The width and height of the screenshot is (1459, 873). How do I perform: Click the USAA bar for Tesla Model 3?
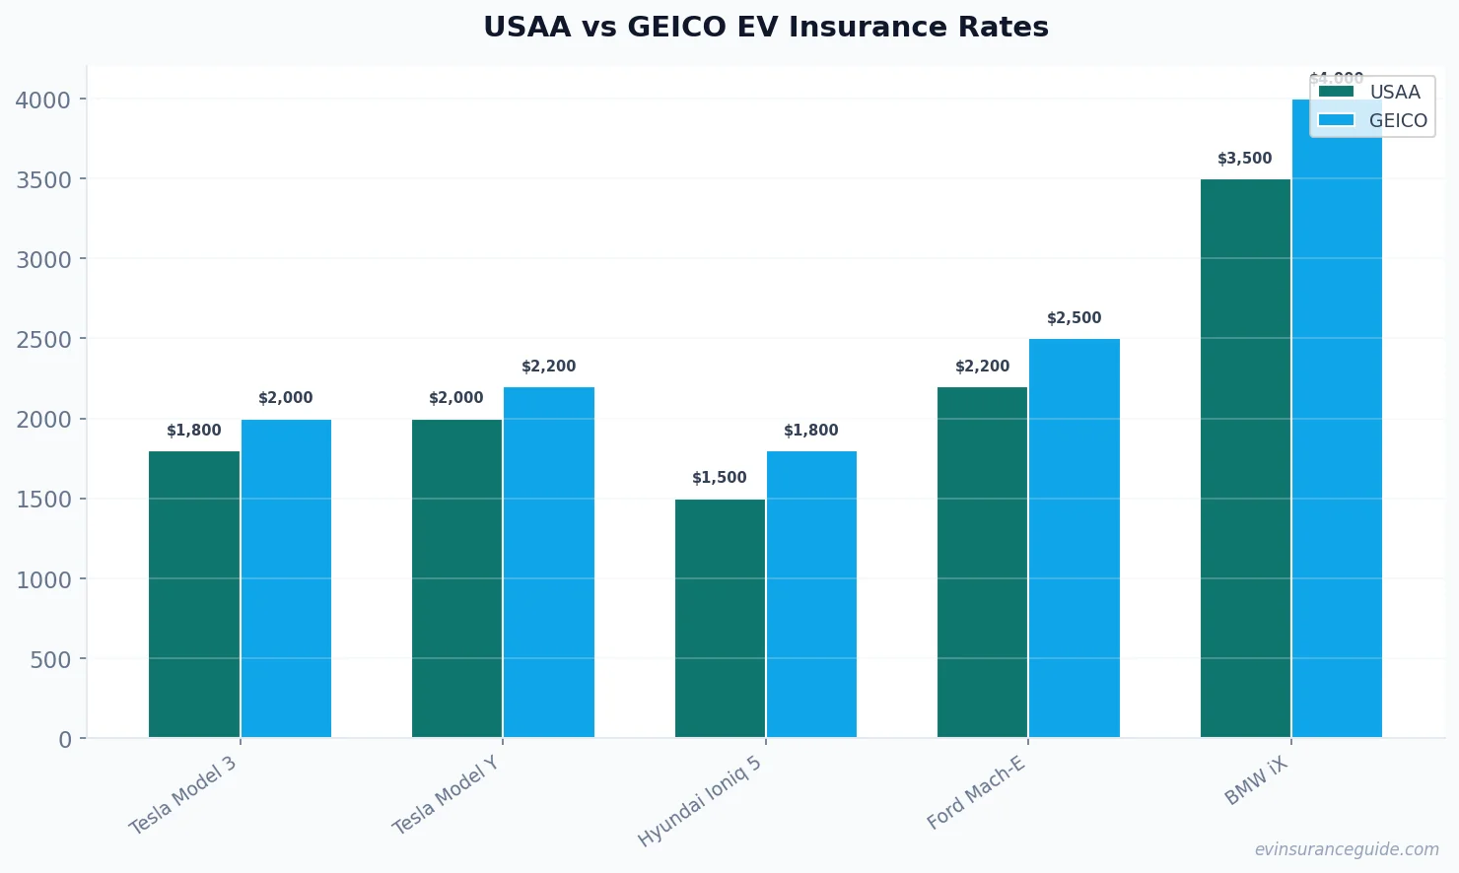(194, 594)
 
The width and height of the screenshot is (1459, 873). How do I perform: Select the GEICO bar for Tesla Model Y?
(549, 562)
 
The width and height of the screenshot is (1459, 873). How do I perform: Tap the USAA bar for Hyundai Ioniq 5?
(720, 618)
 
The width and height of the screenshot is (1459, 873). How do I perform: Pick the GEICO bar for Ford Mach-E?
(1075, 538)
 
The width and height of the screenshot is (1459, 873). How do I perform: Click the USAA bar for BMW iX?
(1245, 458)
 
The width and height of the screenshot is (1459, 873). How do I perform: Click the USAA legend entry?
(1370, 93)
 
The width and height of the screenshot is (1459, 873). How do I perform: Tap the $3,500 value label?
(1244, 159)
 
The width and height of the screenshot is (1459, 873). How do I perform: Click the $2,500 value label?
(1074, 318)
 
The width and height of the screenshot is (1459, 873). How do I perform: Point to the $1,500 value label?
(719, 478)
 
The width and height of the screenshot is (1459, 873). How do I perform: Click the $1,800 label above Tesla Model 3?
(193, 431)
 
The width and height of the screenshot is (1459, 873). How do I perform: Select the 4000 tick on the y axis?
(43, 101)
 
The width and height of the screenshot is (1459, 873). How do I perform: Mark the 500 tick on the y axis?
(50, 659)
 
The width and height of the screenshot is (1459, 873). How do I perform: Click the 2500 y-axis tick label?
(43, 340)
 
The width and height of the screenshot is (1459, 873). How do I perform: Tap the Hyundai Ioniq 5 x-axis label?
(700, 802)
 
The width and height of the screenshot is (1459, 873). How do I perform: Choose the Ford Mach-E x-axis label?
(976, 793)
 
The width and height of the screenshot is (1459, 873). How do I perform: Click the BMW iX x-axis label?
(1256, 782)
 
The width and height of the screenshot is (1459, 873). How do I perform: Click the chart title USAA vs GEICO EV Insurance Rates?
(766, 27)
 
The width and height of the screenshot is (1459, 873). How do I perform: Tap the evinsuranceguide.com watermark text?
(1346, 849)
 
